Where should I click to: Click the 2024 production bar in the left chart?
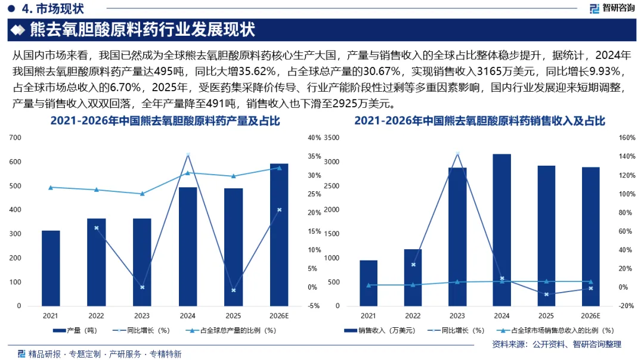point(188,247)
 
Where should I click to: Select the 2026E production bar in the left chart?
point(279,235)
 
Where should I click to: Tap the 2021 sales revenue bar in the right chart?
point(369,283)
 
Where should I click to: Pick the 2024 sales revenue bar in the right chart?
point(501,230)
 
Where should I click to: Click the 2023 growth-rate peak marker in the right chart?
point(457,154)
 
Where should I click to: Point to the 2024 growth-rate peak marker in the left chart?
point(188,155)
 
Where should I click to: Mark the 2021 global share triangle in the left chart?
point(51,188)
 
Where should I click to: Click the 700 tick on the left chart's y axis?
point(15,138)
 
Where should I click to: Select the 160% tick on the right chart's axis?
point(627,138)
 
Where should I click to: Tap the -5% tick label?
point(314,306)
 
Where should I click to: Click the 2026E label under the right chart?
point(590,316)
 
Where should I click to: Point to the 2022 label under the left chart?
point(96,316)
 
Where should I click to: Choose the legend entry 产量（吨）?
point(75,330)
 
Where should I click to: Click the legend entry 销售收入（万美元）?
point(379,330)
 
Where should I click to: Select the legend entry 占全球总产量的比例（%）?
point(231,330)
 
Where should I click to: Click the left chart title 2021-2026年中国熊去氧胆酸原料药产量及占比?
point(165,120)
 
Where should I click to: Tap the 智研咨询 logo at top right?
point(612,8)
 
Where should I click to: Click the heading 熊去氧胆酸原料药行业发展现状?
point(143,30)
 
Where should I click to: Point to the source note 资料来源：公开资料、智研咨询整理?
point(556,344)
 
